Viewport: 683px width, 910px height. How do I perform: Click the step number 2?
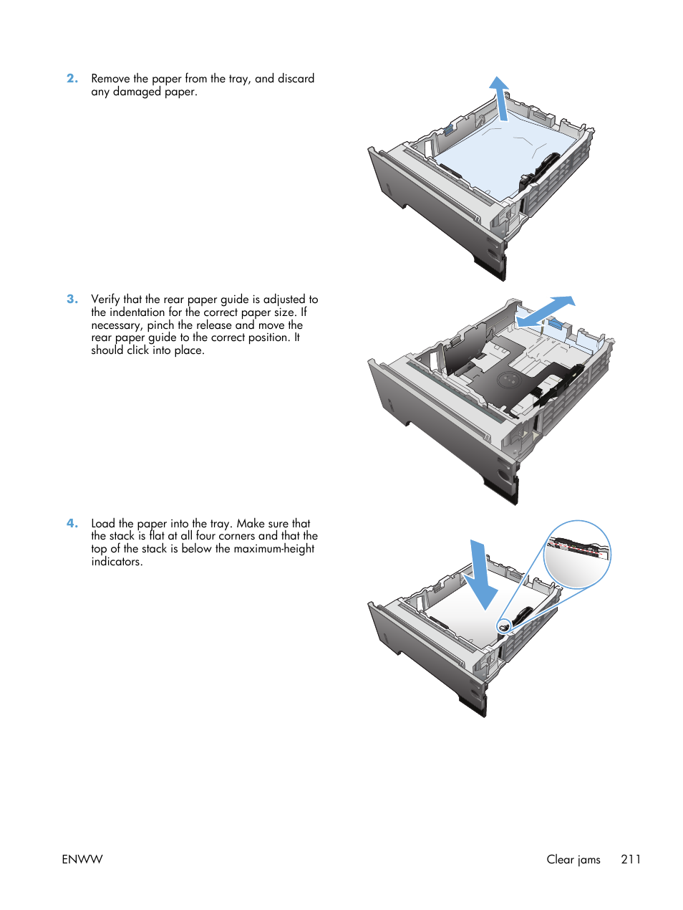(x=72, y=79)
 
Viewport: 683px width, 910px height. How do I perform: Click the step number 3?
(x=72, y=300)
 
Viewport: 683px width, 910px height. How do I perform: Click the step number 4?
(x=72, y=524)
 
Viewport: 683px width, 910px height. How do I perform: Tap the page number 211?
(x=631, y=859)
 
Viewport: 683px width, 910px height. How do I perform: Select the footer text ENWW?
(x=82, y=859)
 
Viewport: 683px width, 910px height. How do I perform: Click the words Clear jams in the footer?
(x=573, y=859)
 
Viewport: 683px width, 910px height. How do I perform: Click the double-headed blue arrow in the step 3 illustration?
(x=546, y=311)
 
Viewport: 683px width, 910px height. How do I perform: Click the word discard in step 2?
(x=296, y=79)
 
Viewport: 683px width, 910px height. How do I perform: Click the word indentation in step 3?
(x=137, y=312)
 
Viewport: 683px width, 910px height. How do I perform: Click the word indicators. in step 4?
(x=117, y=562)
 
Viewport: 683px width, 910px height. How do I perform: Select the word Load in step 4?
(x=103, y=524)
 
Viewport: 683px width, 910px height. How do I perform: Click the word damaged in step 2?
(x=137, y=92)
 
